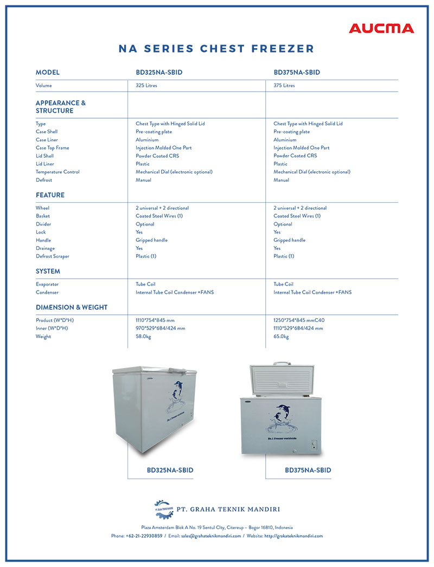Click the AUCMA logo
(381, 28)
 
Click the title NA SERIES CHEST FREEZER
(216, 49)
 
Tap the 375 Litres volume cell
(284, 86)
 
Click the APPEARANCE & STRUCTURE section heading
(61, 107)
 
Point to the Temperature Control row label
(58, 172)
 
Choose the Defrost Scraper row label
(53, 256)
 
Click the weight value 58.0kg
(143, 337)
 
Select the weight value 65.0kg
(281, 337)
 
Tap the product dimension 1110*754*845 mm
(155, 320)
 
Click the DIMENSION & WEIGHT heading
(72, 307)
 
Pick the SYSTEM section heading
(48, 271)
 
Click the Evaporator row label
(47, 284)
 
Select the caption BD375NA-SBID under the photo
(308, 470)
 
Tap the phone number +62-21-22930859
(144, 536)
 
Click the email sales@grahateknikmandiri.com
(211, 536)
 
